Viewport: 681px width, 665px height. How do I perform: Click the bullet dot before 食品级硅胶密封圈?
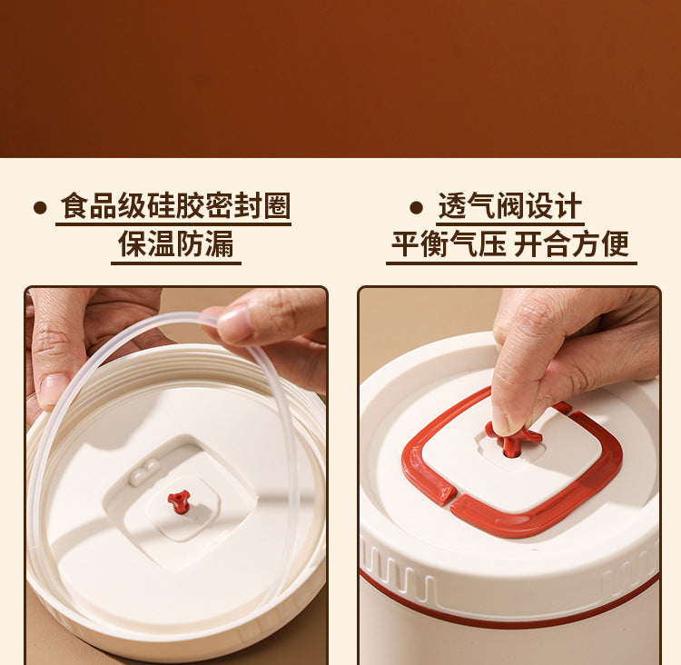pyautogui.click(x=40, y=207)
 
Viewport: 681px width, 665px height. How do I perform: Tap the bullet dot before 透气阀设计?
pyautogui.click(x=416, y=207)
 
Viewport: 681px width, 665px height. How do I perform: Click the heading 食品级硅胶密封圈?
pyautogui.click(x=175, y=205)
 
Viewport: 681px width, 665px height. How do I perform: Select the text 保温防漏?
pyautogui.click(x=176, y=243)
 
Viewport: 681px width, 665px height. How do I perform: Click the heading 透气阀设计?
pyautogui.click(x=510, y=205)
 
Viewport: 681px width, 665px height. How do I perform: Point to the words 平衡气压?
pyautogui.click(x=449, y=243)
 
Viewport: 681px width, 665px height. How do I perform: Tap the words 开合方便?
pyautogui.click(x=571, y=243)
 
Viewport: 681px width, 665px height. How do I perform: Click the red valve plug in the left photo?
pyautogui.click(x=179, y=501)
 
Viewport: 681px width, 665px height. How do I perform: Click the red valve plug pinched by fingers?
pyautogui.click(x=512, y=440)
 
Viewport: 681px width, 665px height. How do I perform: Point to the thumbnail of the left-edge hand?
pyautogui.click(x=53, y=389)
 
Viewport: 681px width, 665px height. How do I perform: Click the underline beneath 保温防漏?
pyautogui.click(x=176, y=263)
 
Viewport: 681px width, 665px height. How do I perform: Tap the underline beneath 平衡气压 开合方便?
pyautogui.click(x=511, y=263)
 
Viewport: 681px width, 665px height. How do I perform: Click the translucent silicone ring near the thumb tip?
pyautogui.click(x=209, y=321)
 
